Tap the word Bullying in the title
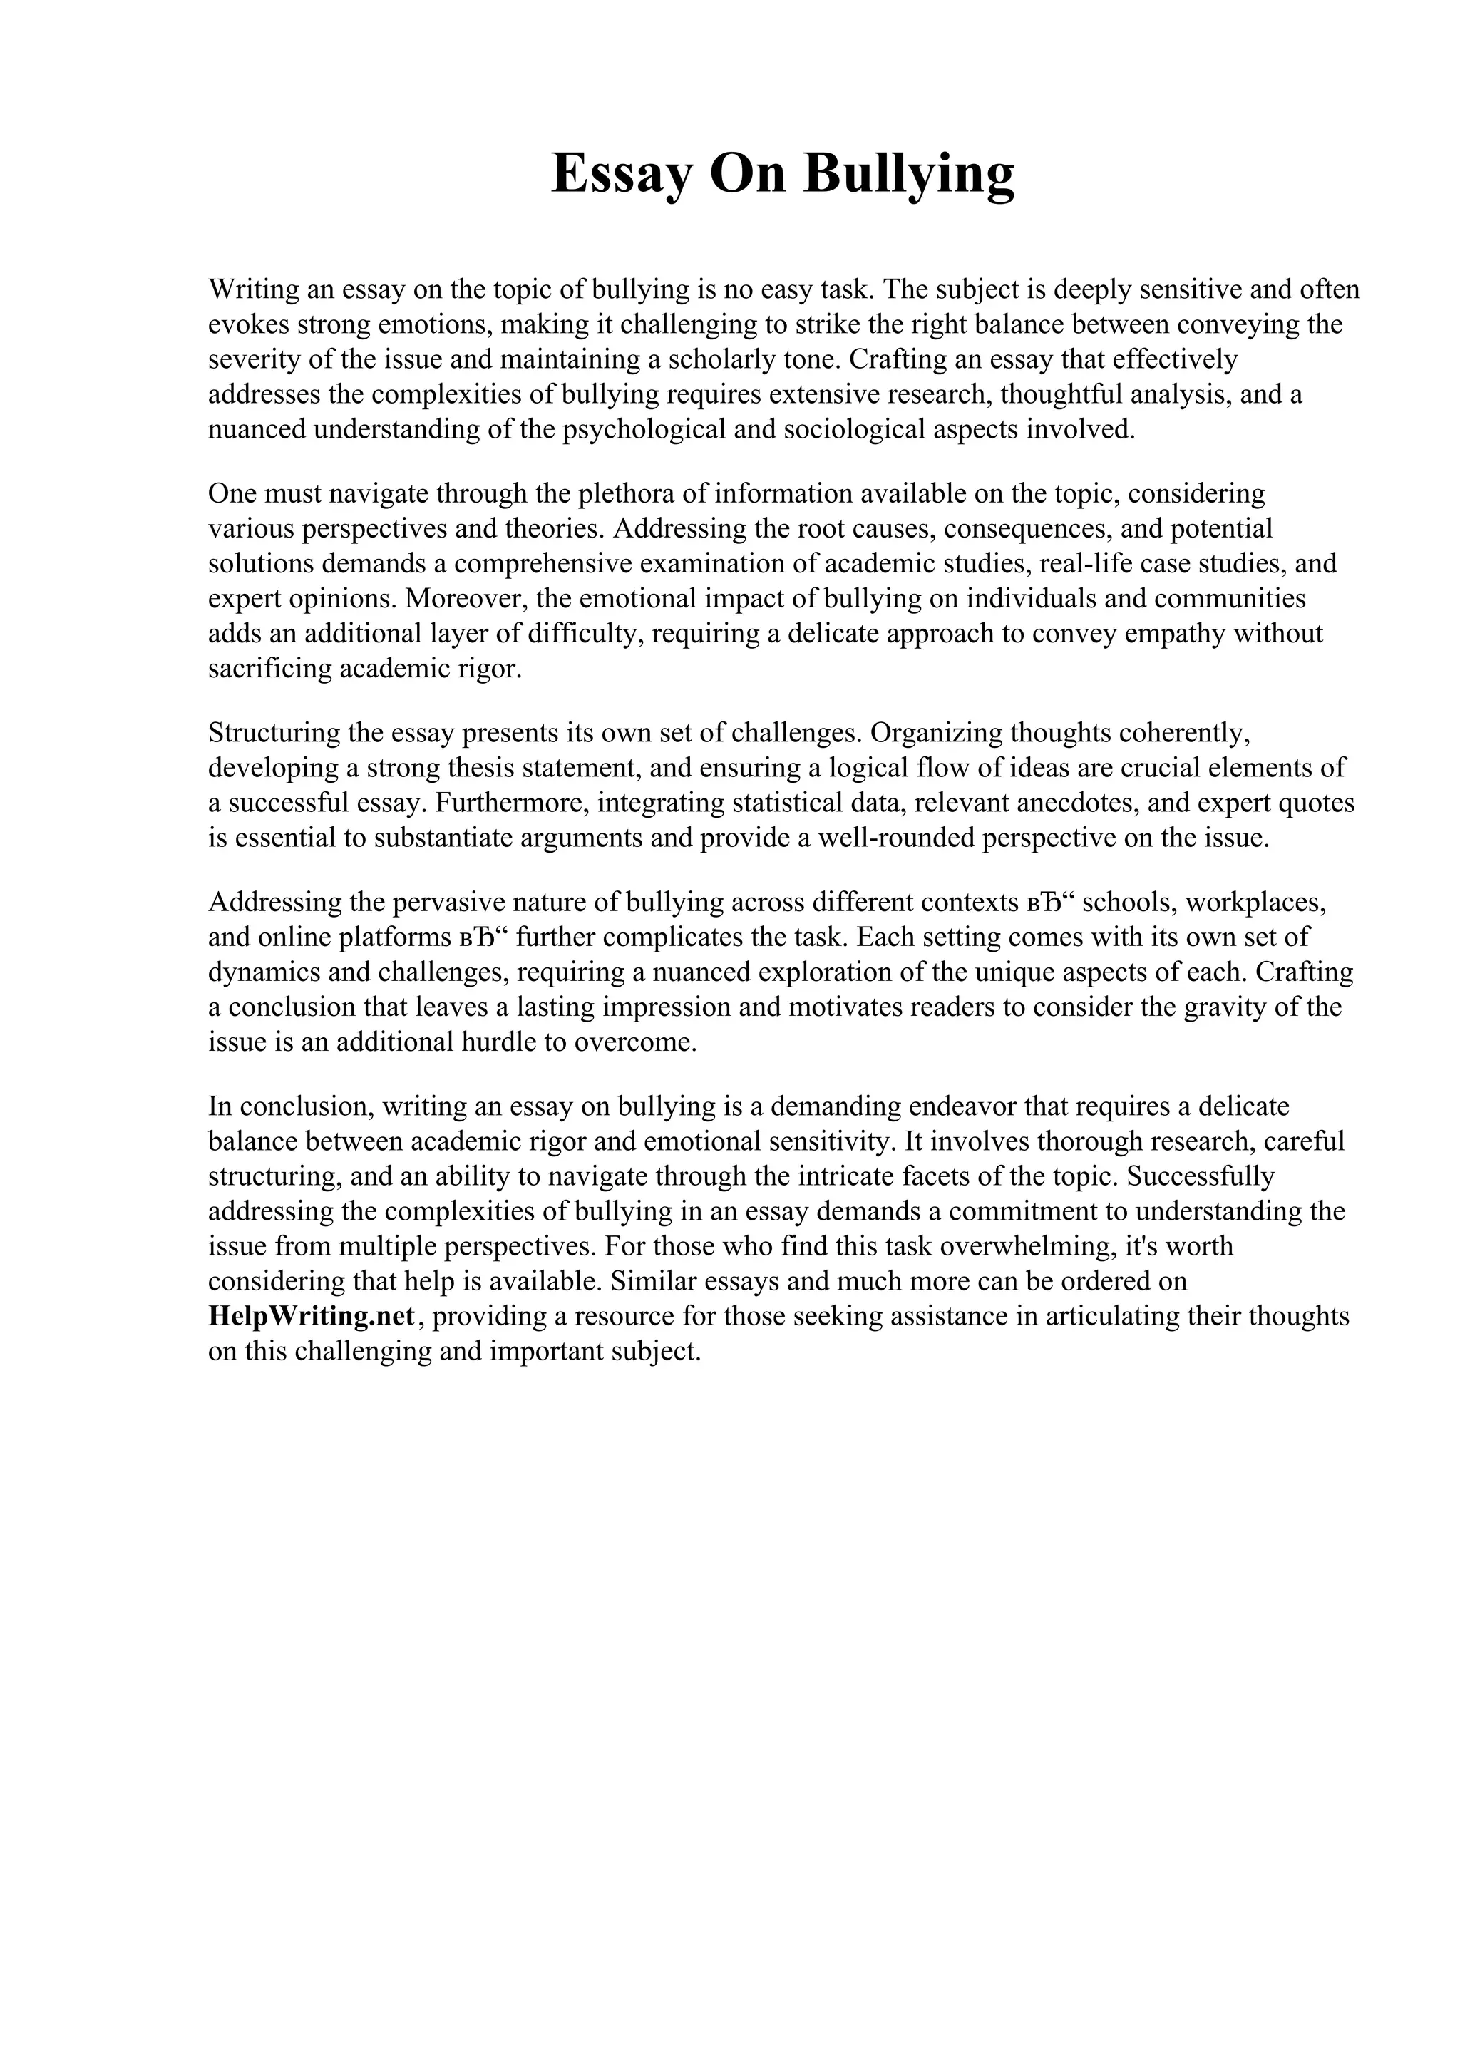(908, 174)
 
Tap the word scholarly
(710, 359)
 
